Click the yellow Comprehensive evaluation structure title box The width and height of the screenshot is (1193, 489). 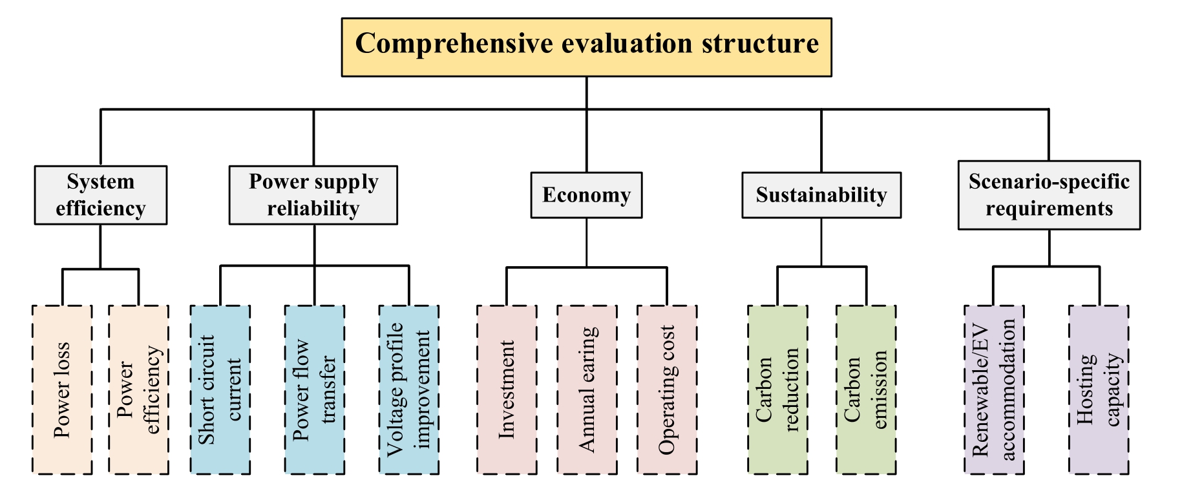(586, 47)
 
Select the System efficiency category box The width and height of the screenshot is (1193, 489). (101, 195)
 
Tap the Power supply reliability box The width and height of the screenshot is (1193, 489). (313, 195)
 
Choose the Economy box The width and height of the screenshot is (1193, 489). (586, 195)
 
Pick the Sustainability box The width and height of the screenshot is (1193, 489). (821, 195)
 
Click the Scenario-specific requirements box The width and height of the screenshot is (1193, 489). (1049, 195)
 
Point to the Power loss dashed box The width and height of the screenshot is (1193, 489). (62, 390)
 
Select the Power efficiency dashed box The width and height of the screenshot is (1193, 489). (138, 390)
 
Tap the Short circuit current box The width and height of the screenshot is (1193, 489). (220, 390)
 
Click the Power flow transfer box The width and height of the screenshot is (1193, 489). (314, 390)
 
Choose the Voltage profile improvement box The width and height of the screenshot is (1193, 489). (408, 390)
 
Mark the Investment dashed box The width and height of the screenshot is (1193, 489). (507, 390)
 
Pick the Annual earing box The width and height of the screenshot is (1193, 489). (587, 390)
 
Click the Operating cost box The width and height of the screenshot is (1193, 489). (667, 390)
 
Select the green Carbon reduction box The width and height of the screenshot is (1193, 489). (777, 390)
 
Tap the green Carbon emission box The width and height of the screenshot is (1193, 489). (866, 390)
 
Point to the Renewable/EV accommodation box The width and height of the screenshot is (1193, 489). (994, 390)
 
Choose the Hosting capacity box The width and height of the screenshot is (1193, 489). (1099, 390)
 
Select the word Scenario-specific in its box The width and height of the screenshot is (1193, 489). (1049, 182)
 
